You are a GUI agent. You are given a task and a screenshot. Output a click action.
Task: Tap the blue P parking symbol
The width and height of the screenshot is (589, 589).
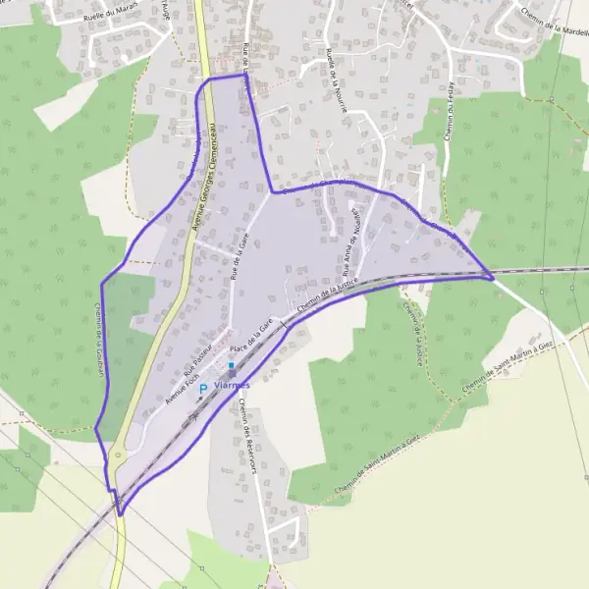click(x=203, y=389)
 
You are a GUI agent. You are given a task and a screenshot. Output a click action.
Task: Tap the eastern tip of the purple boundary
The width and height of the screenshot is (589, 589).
click(x=494, y=278)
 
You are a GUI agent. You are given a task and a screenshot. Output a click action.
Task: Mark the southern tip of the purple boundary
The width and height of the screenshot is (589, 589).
click(x=121, y=513)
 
